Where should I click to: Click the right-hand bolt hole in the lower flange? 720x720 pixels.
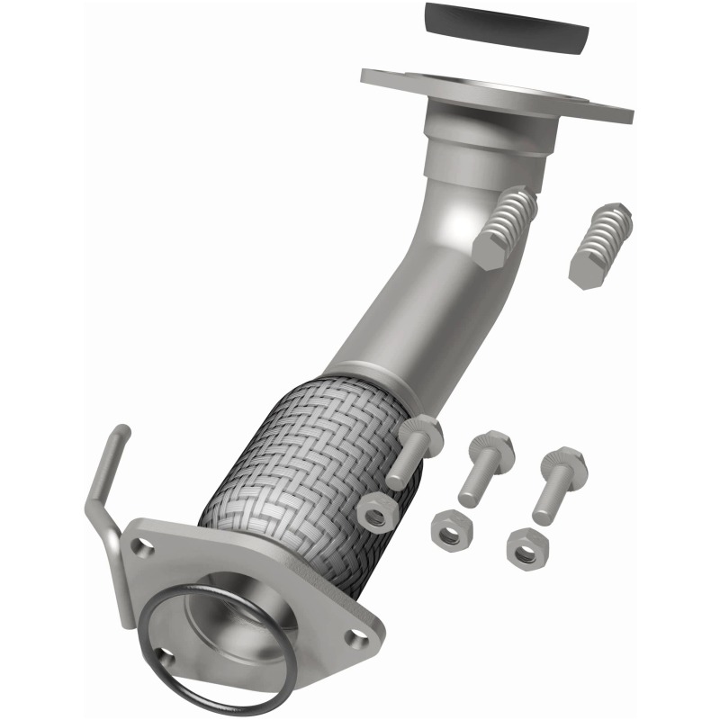tap(359, 635)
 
